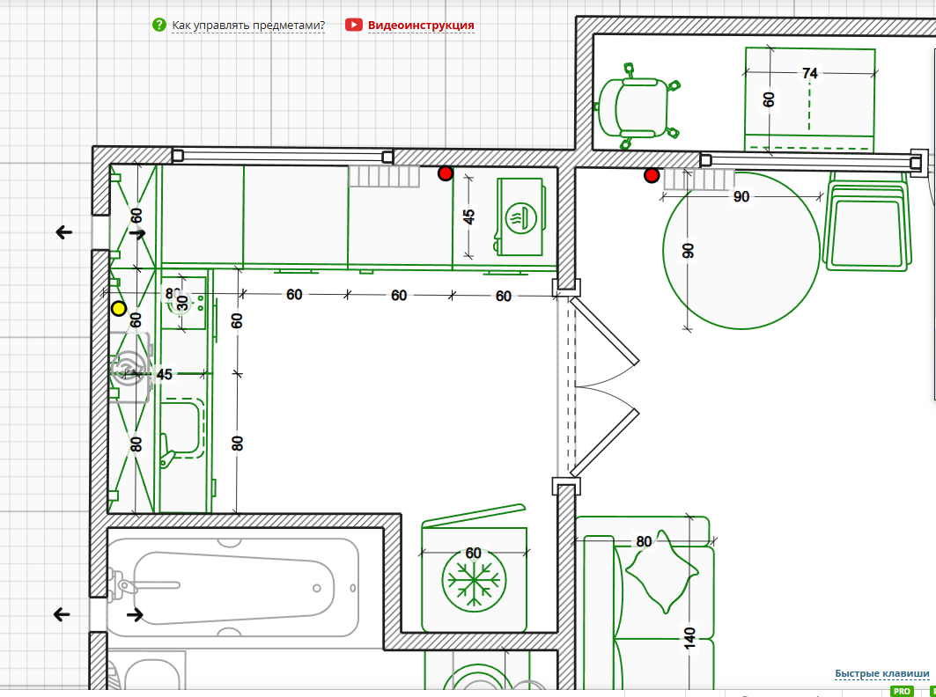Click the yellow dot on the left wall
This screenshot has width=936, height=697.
[118, 309]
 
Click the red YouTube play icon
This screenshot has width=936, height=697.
[353, 25]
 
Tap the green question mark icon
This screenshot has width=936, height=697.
[158, 25]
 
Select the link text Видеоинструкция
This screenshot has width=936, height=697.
[421, 26]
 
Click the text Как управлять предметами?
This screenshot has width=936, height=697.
[248, 26]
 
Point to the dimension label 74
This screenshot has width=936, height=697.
[809, 74]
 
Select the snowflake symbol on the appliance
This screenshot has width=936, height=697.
[475, 580]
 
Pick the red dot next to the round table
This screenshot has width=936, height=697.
[652, 176]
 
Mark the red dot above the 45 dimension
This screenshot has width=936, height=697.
[446, 174]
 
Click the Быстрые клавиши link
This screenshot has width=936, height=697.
[881, 674]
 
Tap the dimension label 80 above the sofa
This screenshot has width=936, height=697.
[644, 542]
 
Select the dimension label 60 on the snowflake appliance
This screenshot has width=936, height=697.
[474, 553]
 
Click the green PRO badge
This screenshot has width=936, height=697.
[901, 692]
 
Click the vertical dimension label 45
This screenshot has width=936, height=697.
[469, 216]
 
